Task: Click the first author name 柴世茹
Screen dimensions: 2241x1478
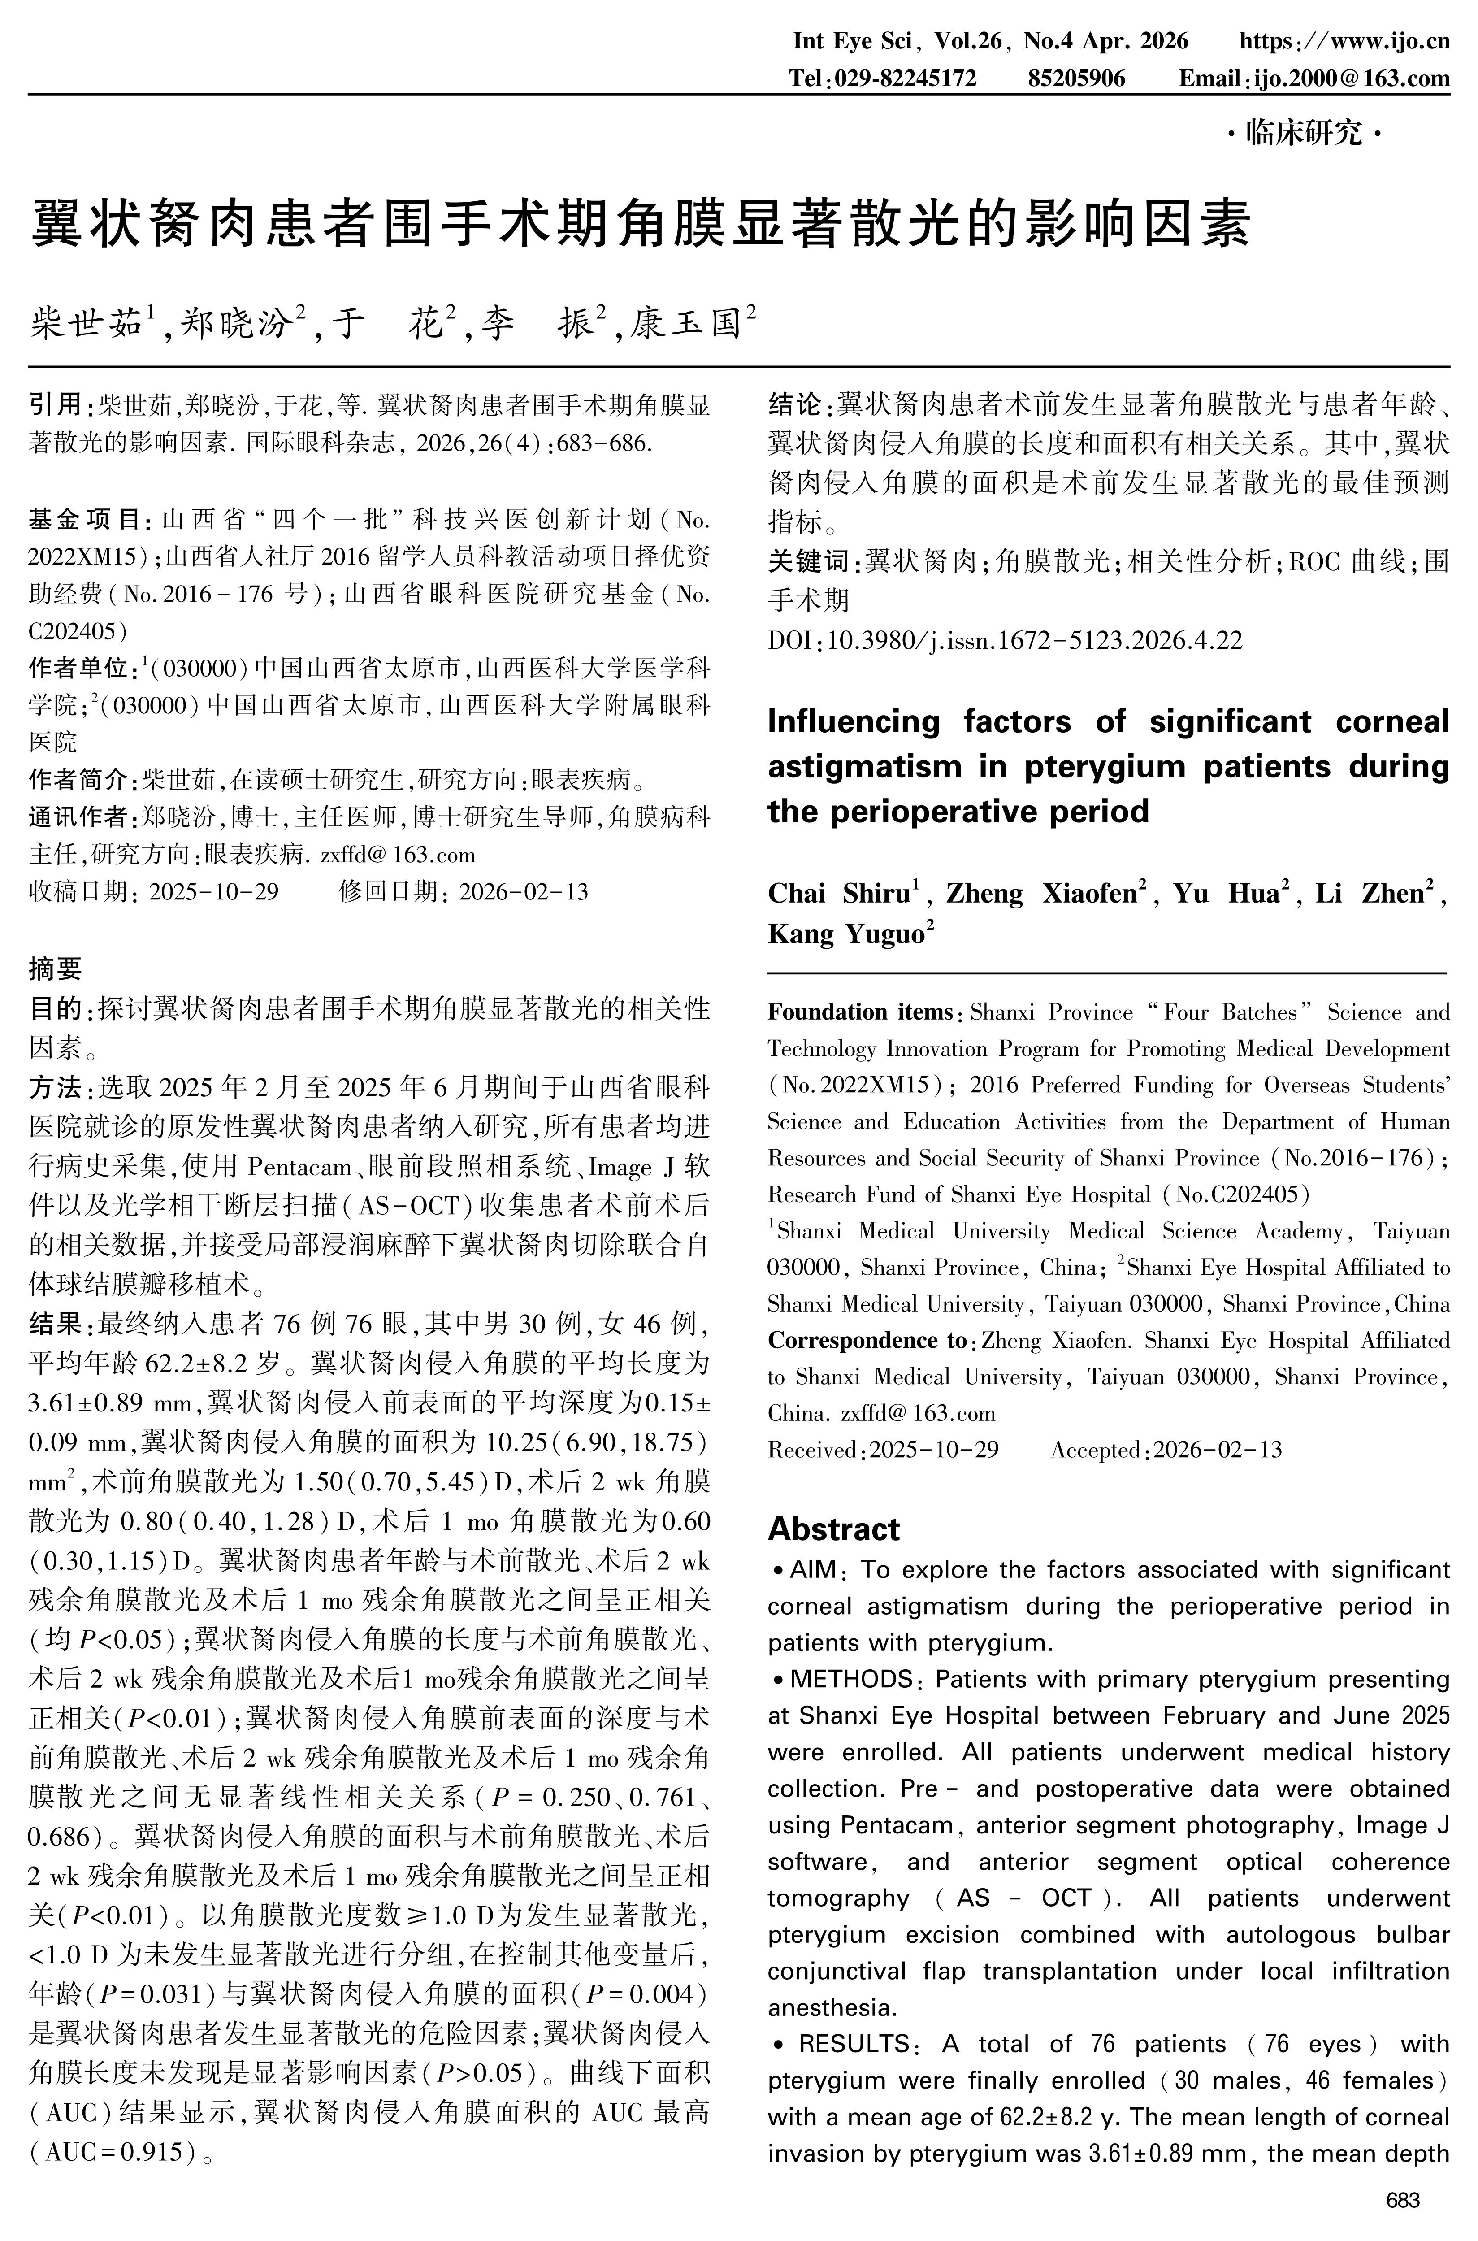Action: [x=87, y=323]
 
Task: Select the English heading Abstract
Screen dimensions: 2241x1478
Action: [x=833, y=1528]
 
